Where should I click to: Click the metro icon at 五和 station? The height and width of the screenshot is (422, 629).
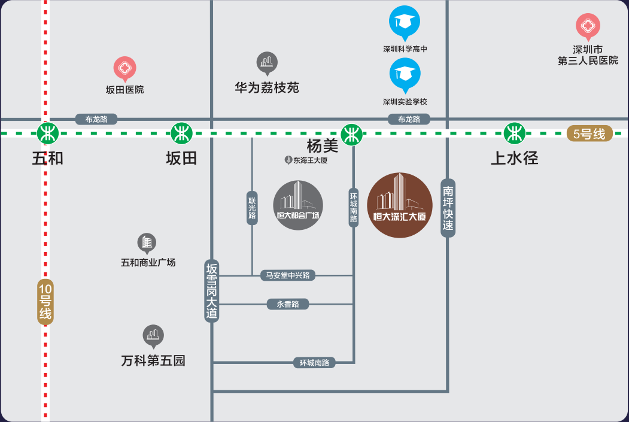(47, 133)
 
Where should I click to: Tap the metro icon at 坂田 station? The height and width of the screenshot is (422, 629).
(181, 133)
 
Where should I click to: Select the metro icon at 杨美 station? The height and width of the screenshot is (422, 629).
(351, 133)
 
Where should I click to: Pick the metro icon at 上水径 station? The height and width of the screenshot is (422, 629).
(514, 133)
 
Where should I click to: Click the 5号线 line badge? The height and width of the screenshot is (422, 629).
(590, 134)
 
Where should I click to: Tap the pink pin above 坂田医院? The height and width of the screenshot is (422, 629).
(125, 68)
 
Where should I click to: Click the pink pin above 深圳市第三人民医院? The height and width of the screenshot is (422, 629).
(588, 26)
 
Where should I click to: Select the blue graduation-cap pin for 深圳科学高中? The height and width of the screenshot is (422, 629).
(405, 23)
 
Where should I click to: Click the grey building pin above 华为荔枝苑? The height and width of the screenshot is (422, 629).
(267, 63)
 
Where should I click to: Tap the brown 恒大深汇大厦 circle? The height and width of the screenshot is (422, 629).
(399, 205)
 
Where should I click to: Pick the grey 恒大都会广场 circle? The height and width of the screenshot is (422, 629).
(298, 205)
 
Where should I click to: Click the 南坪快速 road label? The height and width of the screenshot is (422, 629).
(448, 208)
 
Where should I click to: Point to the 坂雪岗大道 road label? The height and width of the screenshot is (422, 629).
(212, 292)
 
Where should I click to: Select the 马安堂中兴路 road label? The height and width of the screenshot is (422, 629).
(288, 275)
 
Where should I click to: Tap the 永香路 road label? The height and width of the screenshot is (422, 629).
(288, 304)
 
